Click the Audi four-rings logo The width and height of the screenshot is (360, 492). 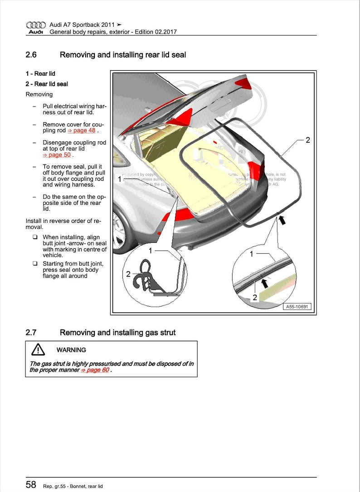(x=36, y=24)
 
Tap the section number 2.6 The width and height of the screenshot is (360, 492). (x=31, y=55)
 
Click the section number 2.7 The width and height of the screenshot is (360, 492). (x=31, y=333)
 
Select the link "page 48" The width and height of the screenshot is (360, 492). (x=82, y=130)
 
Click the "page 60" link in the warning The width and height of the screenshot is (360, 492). (x=95, y=370)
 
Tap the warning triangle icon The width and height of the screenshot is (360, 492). (x=38, y=350)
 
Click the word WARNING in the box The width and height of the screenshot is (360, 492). (x=71, y=350)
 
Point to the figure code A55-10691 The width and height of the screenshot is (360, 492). (x=297, y=307)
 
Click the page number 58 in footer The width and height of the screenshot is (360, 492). (x=31, y=485)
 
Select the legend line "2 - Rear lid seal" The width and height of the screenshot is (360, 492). (x=47, y=84)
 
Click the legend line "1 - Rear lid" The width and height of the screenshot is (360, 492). (x=40, y=73)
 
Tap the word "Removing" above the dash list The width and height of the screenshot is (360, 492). (x=39, y=94)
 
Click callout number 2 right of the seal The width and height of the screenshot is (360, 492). (x=308, y=140)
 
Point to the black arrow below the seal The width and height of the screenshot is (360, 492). (x=283, y=221)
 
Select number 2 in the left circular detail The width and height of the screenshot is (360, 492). (x=128, y=274)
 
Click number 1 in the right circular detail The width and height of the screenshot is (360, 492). (x=252, y=254)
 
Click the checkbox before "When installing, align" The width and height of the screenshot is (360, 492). (x=34, y=237)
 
